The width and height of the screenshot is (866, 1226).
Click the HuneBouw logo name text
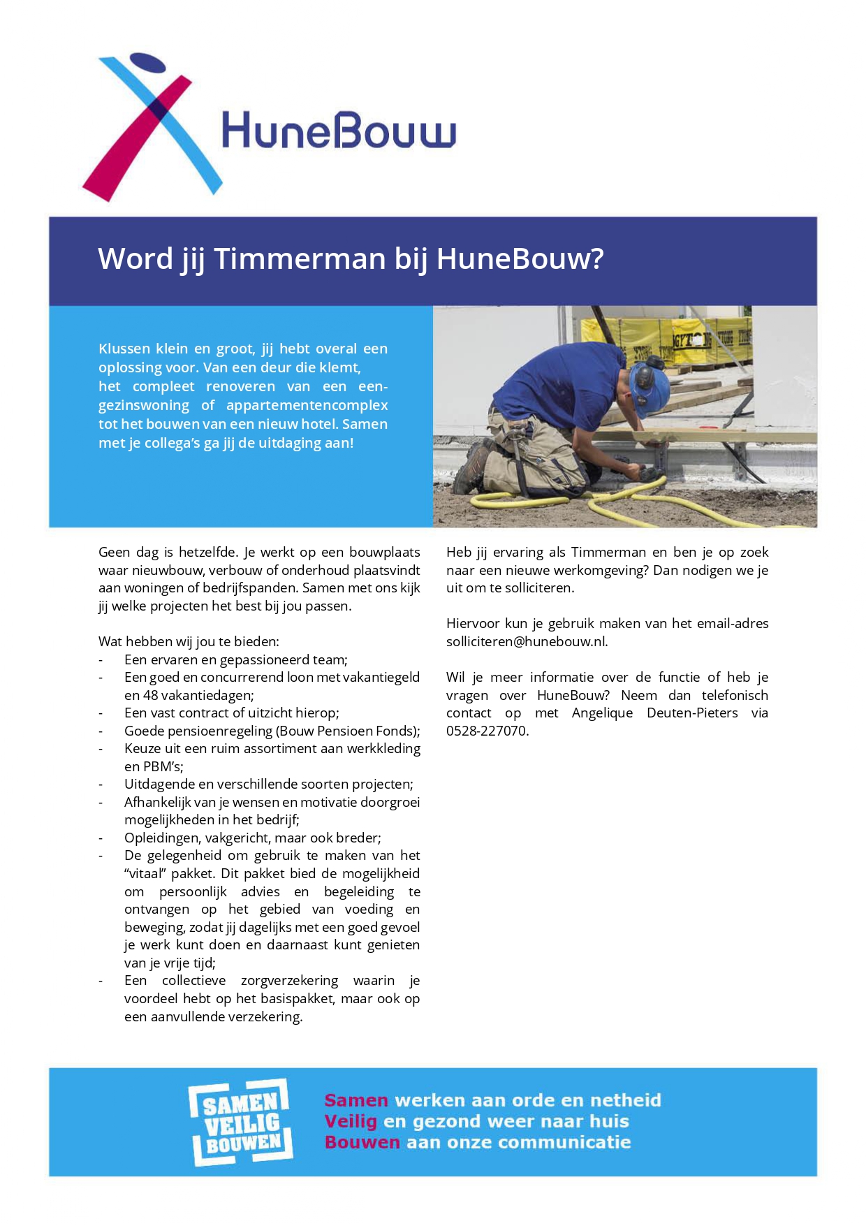339,131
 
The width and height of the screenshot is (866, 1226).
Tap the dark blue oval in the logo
148,63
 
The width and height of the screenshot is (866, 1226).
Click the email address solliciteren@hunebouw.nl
527,641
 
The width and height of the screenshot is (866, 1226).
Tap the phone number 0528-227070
487,731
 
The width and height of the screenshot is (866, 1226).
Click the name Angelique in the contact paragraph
602,713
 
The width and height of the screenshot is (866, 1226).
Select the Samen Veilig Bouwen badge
241,1123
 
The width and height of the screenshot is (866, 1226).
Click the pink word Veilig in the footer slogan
351,1121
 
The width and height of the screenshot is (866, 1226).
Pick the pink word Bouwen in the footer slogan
362,1142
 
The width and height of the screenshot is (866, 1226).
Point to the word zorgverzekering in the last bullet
289,980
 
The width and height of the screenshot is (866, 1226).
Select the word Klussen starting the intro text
124,349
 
